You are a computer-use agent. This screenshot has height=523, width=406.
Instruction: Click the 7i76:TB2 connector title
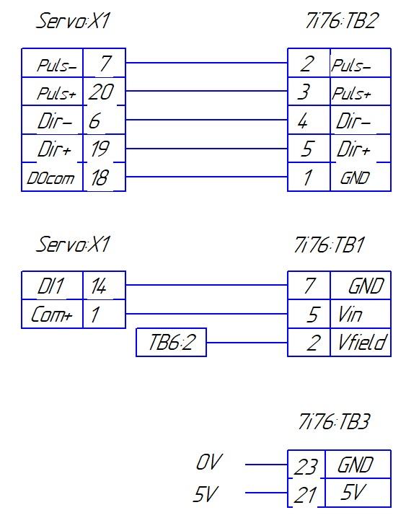tap(342, 21)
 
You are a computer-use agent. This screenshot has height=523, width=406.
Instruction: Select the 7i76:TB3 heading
tap(334, 421)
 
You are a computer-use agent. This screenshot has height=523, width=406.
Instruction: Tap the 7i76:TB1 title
tap(329, 245)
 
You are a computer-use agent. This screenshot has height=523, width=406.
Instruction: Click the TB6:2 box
tap(172, 342)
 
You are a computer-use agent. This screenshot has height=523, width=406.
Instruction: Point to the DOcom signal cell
tap(52, 177)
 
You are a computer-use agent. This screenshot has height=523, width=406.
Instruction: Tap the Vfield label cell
tap(361, 342)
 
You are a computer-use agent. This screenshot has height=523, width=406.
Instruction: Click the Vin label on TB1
tap(350, 315)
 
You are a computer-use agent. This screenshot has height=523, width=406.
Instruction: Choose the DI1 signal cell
tap(52, 285)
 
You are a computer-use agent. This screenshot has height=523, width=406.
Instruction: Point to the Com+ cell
tap(52, 314)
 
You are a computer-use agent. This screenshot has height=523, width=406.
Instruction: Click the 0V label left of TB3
tap(208, 462)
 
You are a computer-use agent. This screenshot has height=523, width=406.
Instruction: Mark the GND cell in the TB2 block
tap(361, 177)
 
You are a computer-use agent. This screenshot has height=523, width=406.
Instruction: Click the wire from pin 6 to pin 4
tap(207, 120)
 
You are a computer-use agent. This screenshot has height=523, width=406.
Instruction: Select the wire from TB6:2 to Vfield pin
tap(247, 342)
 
